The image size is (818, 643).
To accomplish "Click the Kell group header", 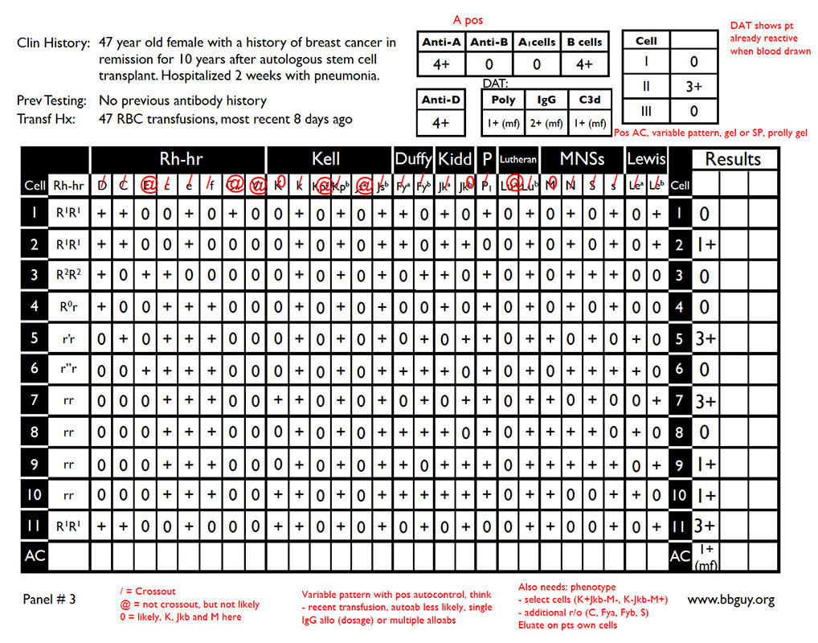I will point(325,159).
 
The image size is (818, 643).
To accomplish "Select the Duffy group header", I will point(413,159).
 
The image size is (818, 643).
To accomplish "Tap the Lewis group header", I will point(646,159).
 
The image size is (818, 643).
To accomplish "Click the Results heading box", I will point(732,159).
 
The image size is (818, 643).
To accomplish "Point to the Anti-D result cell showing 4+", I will point(440,123).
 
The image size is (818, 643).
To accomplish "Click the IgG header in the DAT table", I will point(546,100).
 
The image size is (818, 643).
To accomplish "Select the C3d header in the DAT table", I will point(589,100).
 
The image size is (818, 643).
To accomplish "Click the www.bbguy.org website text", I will point(730,600).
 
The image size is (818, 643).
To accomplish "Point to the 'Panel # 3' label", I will point(49,599).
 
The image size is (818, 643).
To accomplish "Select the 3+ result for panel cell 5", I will point(705,338).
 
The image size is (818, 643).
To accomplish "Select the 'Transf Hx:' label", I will point(47,120).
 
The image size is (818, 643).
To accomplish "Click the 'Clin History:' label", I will point(53,43).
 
